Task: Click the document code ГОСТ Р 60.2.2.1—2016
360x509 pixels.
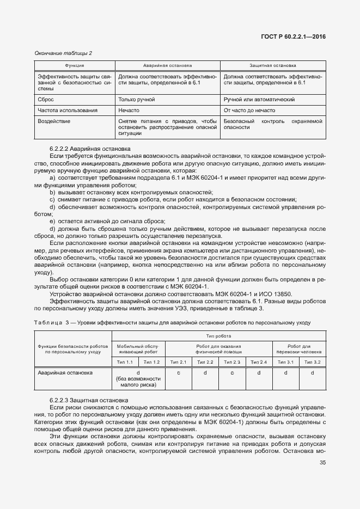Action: tap(296, 37)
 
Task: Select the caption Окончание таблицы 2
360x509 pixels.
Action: tap(63, 53)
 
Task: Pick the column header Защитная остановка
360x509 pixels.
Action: tap(272, 65)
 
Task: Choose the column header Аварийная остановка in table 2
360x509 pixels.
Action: tap(167, 65)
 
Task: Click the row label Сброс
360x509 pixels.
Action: tap(46, 100)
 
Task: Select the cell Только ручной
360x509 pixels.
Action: tap(137, 100)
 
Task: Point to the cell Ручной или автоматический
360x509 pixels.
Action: tap(259, 100)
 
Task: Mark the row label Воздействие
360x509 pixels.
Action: tap(54, 121)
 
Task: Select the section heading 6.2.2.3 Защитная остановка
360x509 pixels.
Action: tap(89, 400)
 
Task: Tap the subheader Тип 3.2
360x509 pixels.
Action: tap(312, 362)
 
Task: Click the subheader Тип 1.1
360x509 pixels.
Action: tap(125, 362)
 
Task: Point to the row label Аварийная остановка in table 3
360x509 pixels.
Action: tap(65, 373)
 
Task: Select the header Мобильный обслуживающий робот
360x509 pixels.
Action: tap(138, 349)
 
